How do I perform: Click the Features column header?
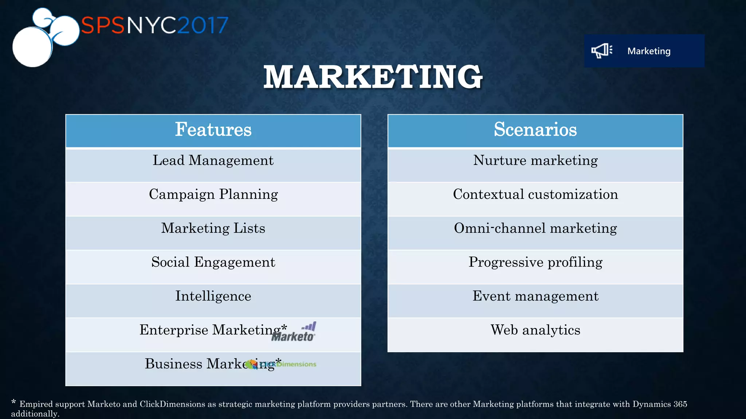pos(213,130)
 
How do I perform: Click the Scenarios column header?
pos(535,130)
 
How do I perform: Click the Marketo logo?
pos(294,332)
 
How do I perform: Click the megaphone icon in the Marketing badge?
pos(601,51)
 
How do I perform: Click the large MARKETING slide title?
pos(373,77)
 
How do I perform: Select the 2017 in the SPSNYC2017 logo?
pos(203,25)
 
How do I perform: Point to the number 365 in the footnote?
pos(680,404)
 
